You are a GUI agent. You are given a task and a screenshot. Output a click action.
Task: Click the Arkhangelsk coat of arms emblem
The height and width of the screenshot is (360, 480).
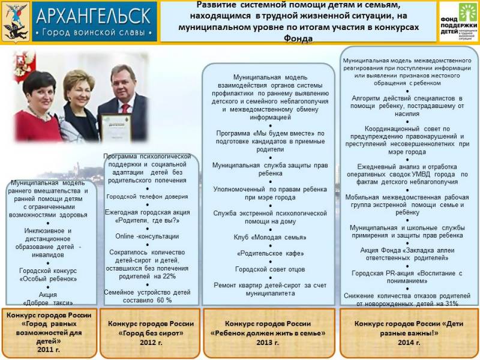click(x=16, y=22)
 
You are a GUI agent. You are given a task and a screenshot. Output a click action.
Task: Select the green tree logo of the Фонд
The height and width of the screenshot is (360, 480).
click(x=467, y=14)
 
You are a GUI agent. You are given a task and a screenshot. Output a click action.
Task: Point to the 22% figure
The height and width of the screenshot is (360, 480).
click(x=167, y=276)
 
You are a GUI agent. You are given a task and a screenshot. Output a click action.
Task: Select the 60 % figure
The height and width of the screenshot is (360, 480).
click(x=164, y=299)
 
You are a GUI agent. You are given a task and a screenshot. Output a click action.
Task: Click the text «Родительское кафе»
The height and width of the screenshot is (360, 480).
click(x=269, y=253)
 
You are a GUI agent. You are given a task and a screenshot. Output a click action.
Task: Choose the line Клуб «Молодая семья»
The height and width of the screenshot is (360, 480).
click(x=269, y=237)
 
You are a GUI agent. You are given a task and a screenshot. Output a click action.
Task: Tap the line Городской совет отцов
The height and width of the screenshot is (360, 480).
click(x=269, y=269)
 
